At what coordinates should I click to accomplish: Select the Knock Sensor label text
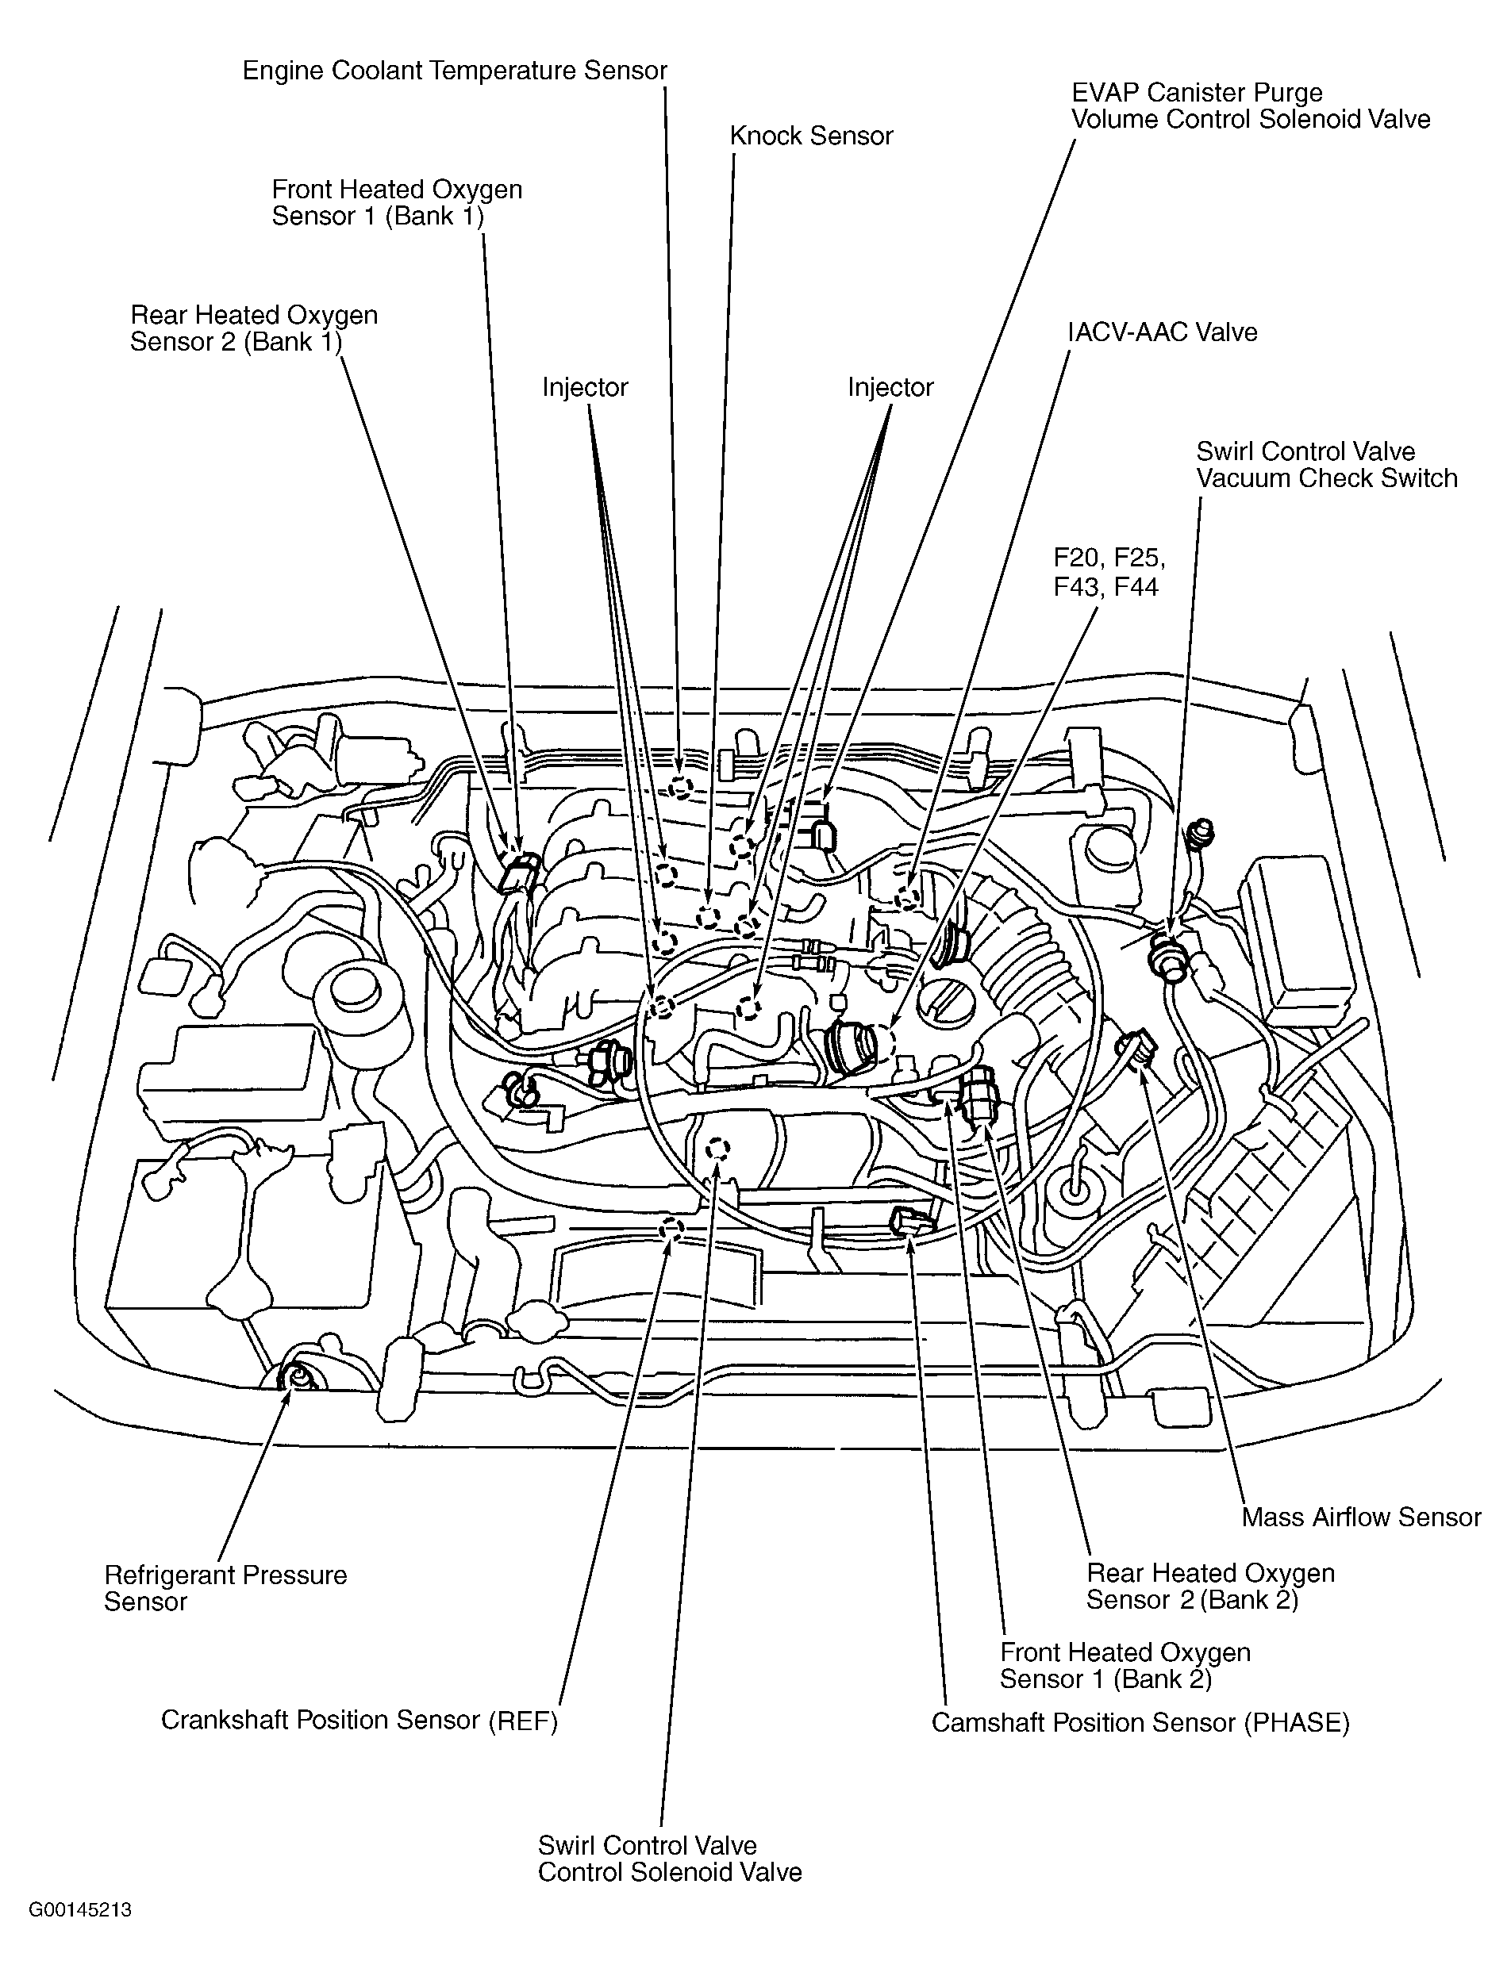tap(811, 136)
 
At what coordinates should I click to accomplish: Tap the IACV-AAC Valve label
tap(1162, 332)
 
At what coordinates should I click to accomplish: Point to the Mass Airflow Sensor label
tap(1361, 1517)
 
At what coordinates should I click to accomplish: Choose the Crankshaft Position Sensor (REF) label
tap(359, 1721)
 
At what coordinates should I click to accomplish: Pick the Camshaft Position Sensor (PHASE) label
tap(1140, 1722)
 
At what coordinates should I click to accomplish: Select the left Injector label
tap(585, 387)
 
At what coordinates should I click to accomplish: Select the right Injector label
tap(890, 387)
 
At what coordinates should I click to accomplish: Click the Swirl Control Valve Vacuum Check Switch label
tap(1327, 465)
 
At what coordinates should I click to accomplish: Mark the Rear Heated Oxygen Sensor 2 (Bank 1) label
tap(254, 328)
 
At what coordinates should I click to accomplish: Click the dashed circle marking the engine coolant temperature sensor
tap(681, 788)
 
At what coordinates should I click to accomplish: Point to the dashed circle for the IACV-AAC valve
tap(909, 897)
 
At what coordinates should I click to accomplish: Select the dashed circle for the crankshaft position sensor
tap(671, 1229)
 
